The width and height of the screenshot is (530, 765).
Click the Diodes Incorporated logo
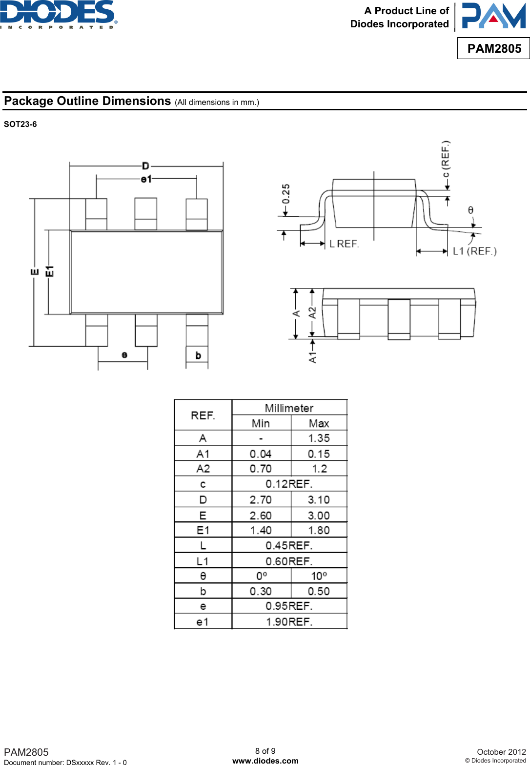coord(59,15)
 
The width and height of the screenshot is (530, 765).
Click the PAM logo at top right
coord(493,16)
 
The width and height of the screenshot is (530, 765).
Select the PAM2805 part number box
coord(494,48)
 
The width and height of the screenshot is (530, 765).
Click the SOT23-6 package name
coord(20,124)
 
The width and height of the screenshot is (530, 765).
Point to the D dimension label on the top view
coord(145,166)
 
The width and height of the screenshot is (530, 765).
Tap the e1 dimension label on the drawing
coord(146,179)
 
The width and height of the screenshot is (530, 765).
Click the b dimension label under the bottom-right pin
coord(198,355)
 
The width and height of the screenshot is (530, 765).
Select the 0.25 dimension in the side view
coord(286,194)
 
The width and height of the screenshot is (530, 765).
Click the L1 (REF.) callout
coord(474,251)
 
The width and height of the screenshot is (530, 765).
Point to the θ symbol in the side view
coord(470,210)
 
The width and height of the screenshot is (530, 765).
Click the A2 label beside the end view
coord(312,312)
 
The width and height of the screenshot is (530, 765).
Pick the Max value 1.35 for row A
coord(319,438)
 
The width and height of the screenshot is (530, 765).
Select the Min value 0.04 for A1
coord(261,454)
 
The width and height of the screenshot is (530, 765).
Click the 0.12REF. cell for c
coord(289,484)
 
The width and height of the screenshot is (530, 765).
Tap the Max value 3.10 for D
coord(319,500)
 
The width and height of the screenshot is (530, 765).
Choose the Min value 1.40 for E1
coord(261,530)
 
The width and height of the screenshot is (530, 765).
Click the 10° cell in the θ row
coord(319,576)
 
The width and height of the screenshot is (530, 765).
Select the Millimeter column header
coord(289,408)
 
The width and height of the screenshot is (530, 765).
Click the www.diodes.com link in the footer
coord(265,761)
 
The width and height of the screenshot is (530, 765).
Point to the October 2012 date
coord(501,752)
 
